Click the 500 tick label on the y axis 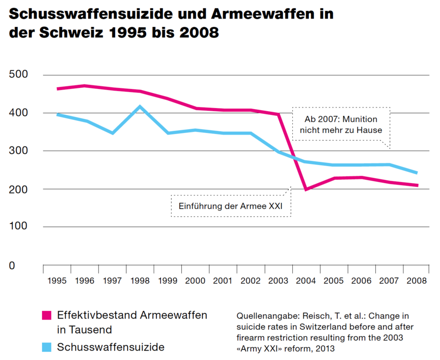(x=19, y=75)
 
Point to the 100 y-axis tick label (x=19, y=227)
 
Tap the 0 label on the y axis (x=12, y=265)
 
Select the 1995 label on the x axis (x=57, y=281)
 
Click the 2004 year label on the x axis (x=306, y=281)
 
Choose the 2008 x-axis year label (x=416, y=281)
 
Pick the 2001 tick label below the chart (x=223, y=281)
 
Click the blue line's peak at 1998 (x=140, y=106)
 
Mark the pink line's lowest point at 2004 (x=306, y=189)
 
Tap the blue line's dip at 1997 (x=113, y=133)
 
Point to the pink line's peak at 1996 (x=85, y=86)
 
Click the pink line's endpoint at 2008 (x=417, y=185)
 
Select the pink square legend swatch (x=47, y=315)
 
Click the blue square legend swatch (x=47, y=346)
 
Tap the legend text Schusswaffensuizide (x=111, y=346)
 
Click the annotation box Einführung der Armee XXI (x=231, y=205)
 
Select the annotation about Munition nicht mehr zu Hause (x=341, y=124)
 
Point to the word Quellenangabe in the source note (x=267, y=316)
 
